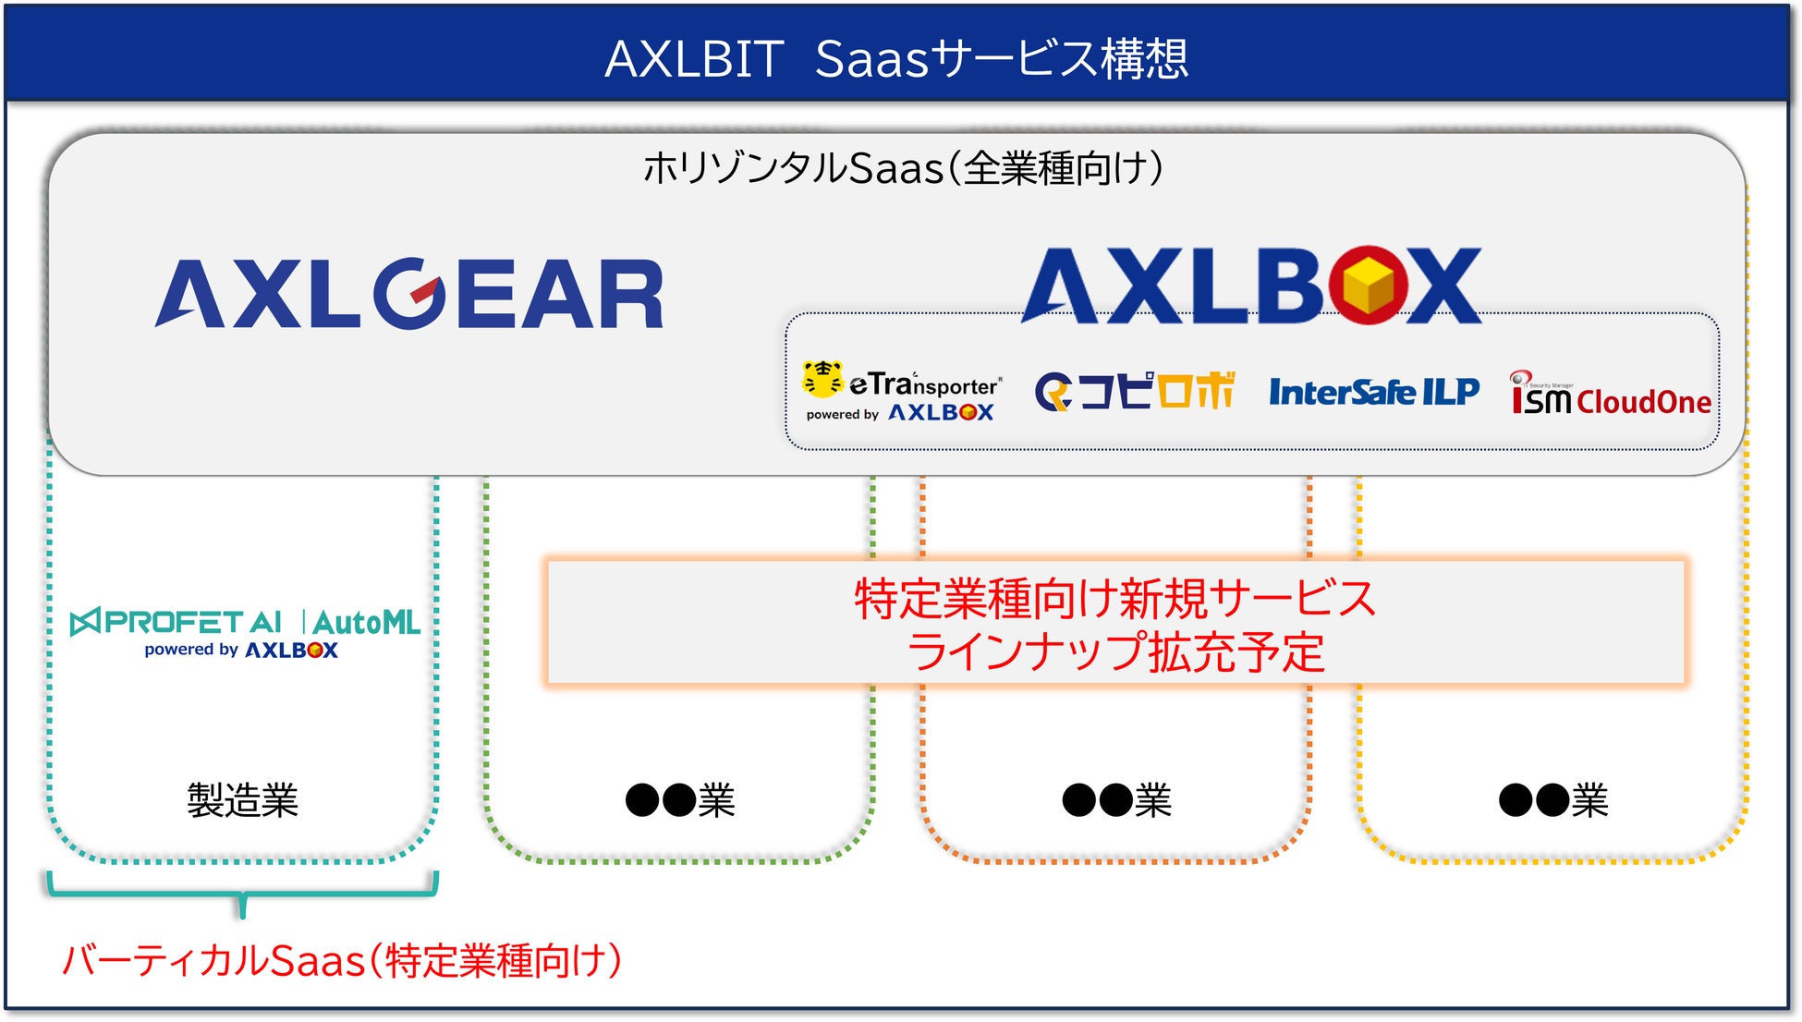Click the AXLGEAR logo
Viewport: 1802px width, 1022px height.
coord(409,294)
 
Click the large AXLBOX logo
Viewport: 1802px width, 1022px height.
coord(1251,286)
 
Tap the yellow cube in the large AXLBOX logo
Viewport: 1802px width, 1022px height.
coord(1369,286)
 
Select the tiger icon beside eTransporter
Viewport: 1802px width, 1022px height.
coord(822,379)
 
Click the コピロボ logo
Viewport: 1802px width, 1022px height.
coord(1135,391)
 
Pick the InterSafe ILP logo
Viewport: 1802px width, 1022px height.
coord(1373,392)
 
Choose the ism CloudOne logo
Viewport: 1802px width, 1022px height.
coord(1610,395)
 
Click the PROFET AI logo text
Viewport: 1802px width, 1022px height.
coord(177,622)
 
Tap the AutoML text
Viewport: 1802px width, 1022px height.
coord(367,623)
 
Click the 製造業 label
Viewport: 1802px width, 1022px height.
coord(242,800)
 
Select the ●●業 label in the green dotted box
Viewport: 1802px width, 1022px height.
coord(680,800)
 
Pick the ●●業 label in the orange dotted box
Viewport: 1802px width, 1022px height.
coord(1116,800)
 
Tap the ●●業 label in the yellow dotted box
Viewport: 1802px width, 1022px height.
coord(1553,800)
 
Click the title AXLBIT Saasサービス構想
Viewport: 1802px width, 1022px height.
coord(896,58)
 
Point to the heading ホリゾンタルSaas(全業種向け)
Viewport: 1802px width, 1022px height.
coord(902,168)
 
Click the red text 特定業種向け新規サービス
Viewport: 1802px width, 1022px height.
coord(1115,598)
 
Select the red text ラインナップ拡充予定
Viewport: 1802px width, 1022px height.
coord(1115,651)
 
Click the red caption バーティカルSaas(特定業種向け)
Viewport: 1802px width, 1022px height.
coord(342,961)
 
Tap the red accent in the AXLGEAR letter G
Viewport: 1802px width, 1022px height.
coord(424,291)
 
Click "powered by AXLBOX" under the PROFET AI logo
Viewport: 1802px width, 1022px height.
coord(241,650)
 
